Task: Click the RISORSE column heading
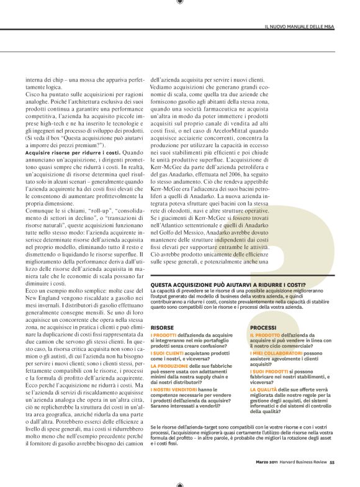[162, 326]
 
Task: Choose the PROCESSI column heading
[263, 326]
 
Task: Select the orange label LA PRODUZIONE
[170, 366]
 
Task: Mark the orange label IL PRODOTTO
[264, 335]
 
